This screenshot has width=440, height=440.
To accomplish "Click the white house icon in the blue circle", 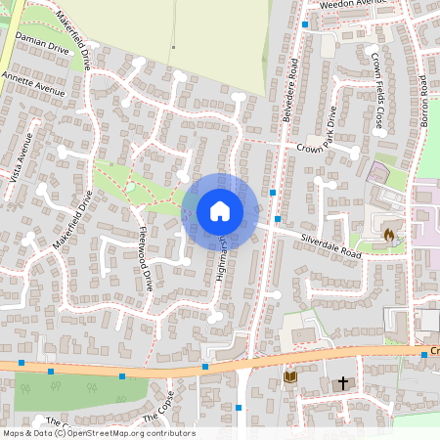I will [220, 210].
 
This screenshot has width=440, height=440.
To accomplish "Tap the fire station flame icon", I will [390, 235].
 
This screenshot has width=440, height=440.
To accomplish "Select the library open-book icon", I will [289, 376].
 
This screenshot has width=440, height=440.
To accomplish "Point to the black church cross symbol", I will [343, 382].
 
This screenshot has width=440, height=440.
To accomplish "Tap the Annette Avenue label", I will [33, 83].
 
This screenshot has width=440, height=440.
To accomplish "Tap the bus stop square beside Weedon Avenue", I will [305, 23].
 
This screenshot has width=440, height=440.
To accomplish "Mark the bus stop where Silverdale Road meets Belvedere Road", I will [278, 219].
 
